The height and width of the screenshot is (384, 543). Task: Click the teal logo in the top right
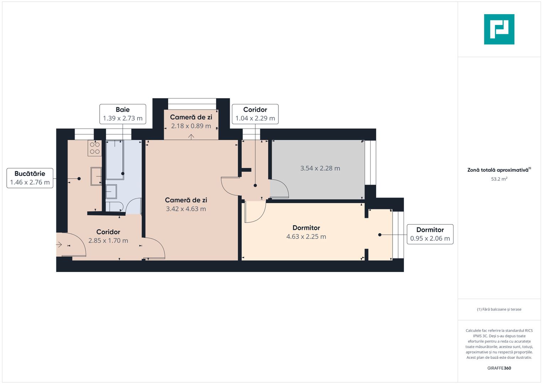point(499,29)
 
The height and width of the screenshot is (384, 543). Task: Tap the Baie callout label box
point(123,114)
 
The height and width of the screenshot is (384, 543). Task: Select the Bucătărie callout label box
point(30,178)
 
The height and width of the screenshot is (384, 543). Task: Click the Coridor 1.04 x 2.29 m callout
point(255,114)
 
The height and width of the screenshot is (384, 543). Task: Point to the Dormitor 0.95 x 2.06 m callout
point(430,234)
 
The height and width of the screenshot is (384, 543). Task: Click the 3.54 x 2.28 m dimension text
point(320,168)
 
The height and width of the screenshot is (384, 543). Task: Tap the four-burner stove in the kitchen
point(95,148)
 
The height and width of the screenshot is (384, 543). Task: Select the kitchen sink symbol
point(96,176)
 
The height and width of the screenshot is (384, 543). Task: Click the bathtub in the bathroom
point(115,160)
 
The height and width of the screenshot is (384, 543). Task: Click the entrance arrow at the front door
point(59,245)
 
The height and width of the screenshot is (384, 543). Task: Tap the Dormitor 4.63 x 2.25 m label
point(306,232)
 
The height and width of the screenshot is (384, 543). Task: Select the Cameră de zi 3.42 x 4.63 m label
point(186,204)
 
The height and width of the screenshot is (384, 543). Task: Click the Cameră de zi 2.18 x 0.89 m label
point(191,121)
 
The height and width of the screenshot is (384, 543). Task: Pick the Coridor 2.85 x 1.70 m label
point(108,236)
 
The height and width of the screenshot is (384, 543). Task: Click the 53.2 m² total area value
point(499,179)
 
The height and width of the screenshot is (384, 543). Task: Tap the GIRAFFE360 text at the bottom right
point(499,368)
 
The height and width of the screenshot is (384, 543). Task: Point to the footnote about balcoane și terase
point(499,309)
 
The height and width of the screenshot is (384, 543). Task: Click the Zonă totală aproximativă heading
point(498,170)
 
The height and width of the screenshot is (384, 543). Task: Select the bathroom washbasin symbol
point(111,192)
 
